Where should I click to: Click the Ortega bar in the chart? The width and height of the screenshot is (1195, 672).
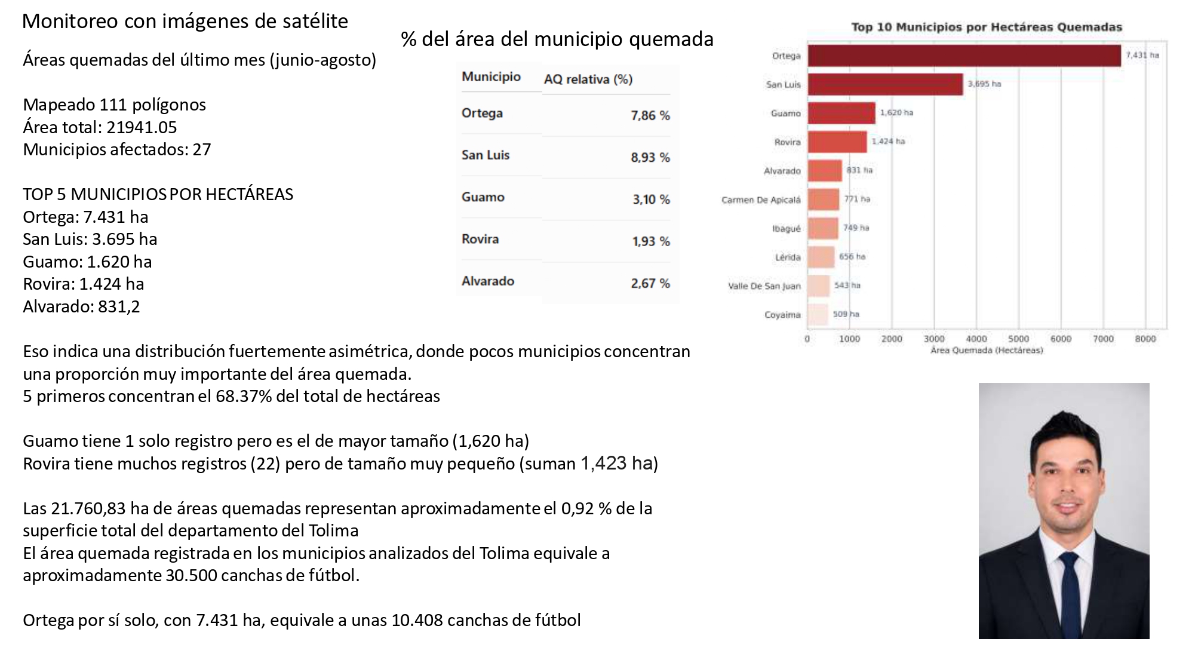tap(964, 56)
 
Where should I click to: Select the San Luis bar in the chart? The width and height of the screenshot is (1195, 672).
tap(885, 84)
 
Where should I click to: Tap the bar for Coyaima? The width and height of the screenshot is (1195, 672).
tap(818, 314)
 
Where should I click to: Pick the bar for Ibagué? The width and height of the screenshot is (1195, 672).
tap(823, 228)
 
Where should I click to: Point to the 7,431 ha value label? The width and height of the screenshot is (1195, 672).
tap(1142, 55)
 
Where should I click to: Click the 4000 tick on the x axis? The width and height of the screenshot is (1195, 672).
tap(976, 339)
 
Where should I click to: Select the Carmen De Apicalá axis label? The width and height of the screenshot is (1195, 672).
tap(761, 200)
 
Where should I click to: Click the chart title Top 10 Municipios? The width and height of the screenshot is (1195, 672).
tap(987, 27)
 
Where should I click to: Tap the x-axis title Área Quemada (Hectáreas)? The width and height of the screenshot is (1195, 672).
tap(987, 350)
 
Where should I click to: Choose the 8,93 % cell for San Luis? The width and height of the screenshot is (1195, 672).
tap(650, 157)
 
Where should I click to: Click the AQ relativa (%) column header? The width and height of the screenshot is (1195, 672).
tap(588, 79)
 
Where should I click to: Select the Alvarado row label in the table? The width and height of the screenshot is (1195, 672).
tap(488, 281)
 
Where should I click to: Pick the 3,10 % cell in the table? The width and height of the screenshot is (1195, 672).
tap(652, 199)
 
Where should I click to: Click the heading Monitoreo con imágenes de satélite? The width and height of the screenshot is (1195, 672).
tap(185, 21)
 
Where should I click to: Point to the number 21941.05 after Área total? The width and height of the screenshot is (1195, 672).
tap(142, 127)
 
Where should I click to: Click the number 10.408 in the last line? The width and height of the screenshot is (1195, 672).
tap(417, 620)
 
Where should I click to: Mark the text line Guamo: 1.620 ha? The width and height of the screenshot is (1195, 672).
tap(87, 262)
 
